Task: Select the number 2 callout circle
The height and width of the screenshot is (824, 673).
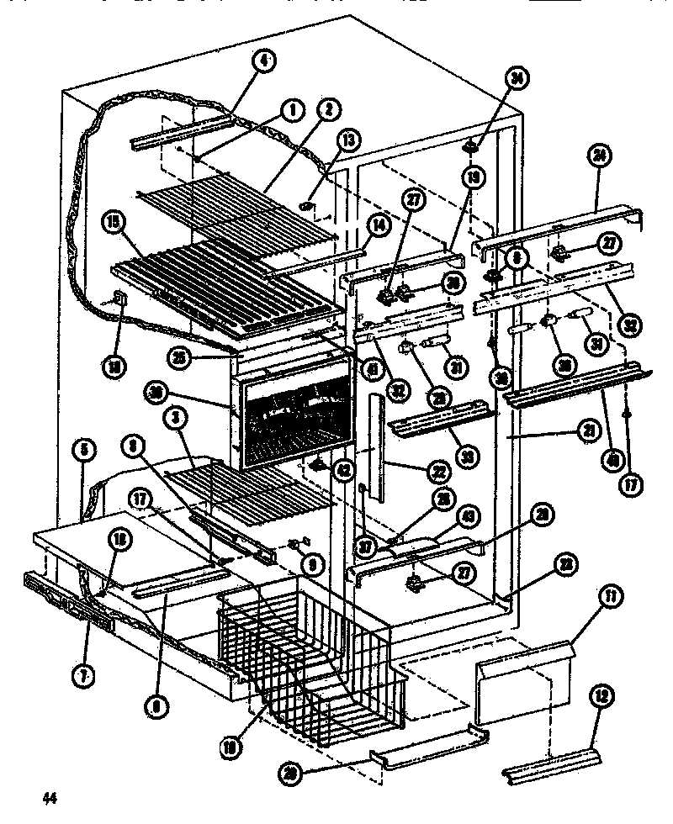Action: point(326,108)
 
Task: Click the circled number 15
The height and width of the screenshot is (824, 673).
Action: point(111,224)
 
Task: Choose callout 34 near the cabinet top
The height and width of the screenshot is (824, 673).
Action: point(517,77)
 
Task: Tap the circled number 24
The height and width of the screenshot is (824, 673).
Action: point(600,155)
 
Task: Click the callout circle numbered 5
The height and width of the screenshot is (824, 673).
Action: point(83,450)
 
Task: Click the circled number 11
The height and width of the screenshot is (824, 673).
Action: point(607,619)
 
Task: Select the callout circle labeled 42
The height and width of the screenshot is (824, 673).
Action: point(344,472)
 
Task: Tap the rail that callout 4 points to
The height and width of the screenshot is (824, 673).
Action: point(181,133)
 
